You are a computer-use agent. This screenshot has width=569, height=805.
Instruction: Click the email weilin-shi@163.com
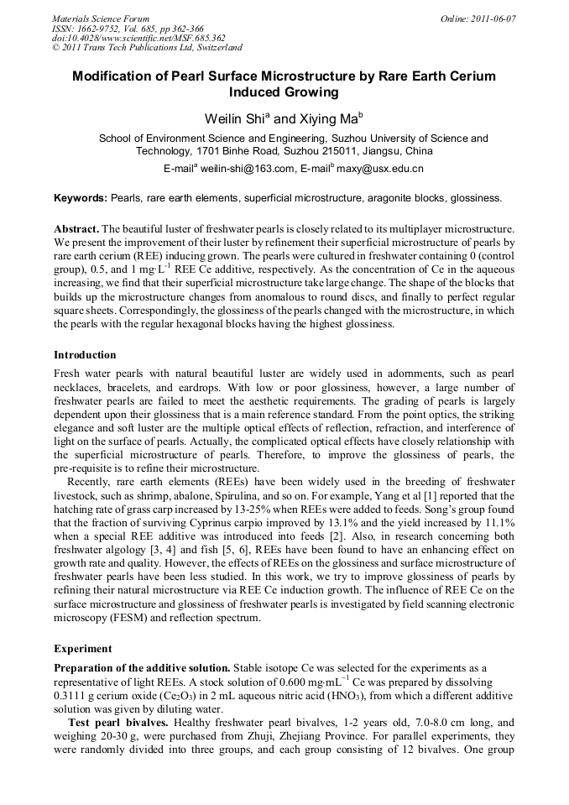click(246, 169)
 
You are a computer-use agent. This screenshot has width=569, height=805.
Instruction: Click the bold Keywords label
click(81, 198)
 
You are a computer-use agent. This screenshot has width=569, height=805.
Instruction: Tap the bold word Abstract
click(76, 228)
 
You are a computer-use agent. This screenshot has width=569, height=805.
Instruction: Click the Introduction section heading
click(85, 355)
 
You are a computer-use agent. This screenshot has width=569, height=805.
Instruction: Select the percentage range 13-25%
click(267, 509)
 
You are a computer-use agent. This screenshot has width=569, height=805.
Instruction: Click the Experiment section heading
click(82, 649)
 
